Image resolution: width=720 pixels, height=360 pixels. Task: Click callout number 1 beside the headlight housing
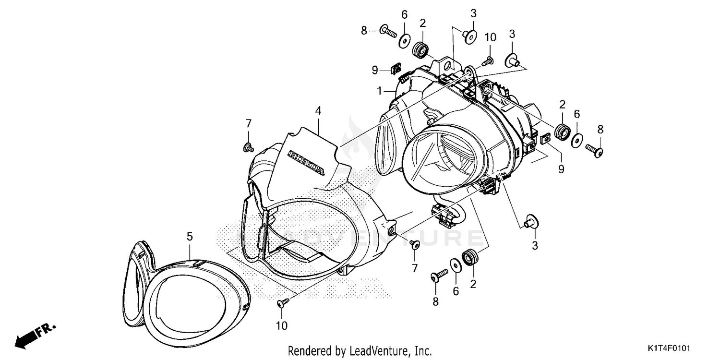tap(379, 90)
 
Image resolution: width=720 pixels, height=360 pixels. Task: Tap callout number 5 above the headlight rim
tap(190, 236)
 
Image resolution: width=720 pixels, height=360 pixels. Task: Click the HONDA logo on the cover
tap(306, 162)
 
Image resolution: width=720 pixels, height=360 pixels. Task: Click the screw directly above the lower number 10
tap(283, 302)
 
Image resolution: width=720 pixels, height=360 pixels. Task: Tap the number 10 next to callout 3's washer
tap(490, 37)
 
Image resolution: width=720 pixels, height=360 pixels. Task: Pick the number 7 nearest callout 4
tap(248, 123)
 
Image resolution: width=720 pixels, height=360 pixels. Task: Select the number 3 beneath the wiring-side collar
tap(535, 246)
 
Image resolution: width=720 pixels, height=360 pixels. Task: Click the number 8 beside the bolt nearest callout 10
tap(364, 31)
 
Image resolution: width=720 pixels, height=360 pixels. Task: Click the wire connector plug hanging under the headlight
tap(442, 215)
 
